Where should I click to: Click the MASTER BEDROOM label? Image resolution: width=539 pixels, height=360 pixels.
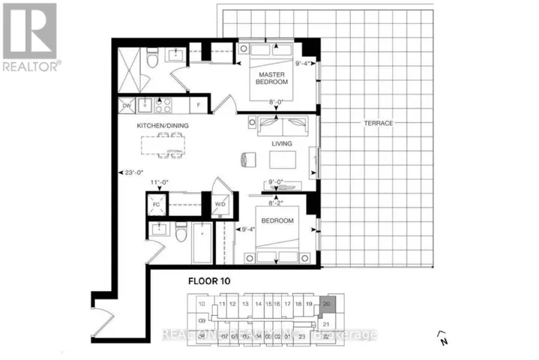pyautogui.click(x=270, y=79)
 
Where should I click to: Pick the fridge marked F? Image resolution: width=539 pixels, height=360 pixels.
pyautogui.click(x=198, y=106)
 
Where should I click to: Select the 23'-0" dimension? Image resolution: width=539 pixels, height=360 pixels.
pyautogui.click(x=133, y=172)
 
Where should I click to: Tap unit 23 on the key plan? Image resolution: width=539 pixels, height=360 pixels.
pyautogui.click(x=302, y=337)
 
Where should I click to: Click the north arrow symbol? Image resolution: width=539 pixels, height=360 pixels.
pyautogui.click(x=442, y=335)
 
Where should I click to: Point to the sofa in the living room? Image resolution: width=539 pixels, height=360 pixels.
pyautogui.click(x=280, y=125)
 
